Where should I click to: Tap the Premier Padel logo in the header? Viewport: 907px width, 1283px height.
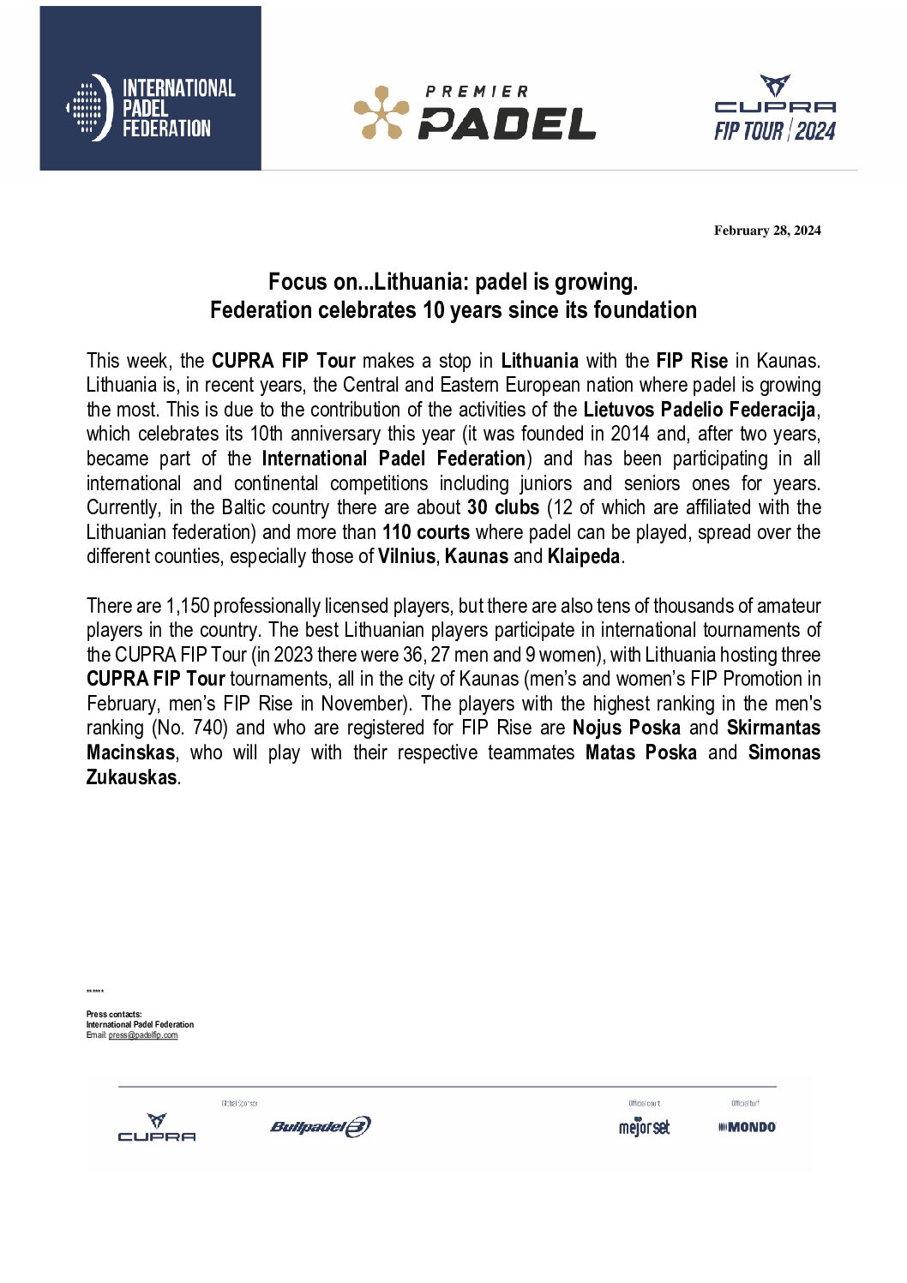475,112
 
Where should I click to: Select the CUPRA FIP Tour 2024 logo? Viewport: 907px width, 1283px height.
775,109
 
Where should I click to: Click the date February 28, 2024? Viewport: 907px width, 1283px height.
767,231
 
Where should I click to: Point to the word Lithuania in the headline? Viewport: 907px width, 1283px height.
417,282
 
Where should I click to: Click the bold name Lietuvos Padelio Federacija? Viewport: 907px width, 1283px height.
699,410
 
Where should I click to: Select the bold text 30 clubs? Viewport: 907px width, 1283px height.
503,507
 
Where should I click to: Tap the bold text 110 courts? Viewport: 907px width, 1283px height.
426,532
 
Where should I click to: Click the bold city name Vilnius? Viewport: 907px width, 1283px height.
406,556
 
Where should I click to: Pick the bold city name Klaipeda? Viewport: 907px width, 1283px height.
583,556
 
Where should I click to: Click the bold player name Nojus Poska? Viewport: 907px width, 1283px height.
627,728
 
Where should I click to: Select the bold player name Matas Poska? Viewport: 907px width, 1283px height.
641,752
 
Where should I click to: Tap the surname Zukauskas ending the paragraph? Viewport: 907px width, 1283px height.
131,777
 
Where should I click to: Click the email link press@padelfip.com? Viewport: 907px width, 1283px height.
143,1035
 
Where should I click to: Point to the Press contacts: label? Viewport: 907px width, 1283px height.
114,1015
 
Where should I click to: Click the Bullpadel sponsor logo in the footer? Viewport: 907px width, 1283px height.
321,1126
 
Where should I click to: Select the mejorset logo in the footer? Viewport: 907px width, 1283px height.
644,1127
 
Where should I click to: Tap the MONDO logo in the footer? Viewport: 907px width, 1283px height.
747,1127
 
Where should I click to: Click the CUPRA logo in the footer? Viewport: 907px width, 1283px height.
157,1128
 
